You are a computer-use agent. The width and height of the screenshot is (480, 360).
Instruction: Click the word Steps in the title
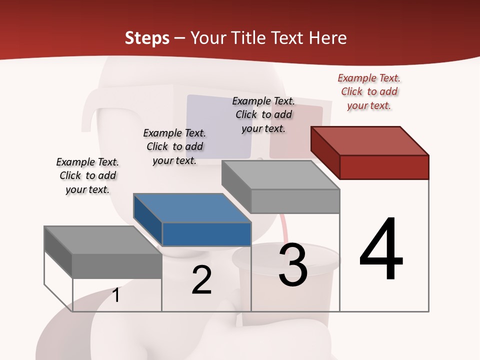[147, 38]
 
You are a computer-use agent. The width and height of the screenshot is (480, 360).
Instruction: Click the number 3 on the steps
[293, 265]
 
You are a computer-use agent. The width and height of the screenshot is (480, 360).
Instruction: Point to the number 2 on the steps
[201, 280]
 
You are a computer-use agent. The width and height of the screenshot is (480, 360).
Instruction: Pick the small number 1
[116, 295]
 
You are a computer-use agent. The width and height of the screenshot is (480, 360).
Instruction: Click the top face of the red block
[370, 140]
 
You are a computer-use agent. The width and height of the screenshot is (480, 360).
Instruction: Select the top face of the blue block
[192, 207]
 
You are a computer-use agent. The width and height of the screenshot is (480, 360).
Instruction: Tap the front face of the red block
[384, 167]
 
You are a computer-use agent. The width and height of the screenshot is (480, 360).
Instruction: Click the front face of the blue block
[206, 234]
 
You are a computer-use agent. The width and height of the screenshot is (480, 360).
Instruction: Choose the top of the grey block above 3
[280, 175]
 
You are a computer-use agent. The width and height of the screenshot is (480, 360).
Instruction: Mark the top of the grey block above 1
[102, 240]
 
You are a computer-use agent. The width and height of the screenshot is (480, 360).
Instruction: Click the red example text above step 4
[369, 92]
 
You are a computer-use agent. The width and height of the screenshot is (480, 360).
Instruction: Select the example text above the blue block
[174, 146]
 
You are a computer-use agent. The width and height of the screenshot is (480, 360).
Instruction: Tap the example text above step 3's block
[263, 114]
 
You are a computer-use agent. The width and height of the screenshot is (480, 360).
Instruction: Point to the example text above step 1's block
[87, 175]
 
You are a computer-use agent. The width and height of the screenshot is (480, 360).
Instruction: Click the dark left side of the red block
[325, 150]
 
